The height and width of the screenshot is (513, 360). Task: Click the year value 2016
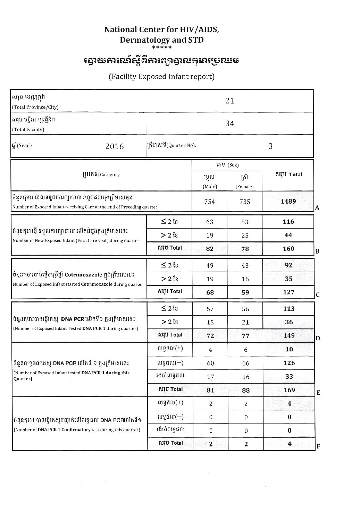click(x=115, y=146)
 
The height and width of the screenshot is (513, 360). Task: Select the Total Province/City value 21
click(x=229, y=101)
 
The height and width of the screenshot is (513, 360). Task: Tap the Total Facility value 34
click(x=229, y=123)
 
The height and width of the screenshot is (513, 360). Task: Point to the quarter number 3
click(x=270, y=146)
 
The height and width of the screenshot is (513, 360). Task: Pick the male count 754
click(x=210, y=202)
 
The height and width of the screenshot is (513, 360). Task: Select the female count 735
click(x=245, y=202)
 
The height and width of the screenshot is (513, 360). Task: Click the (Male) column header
click(x=210, y=186)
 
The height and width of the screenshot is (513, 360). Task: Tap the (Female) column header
click(x=245, y=186)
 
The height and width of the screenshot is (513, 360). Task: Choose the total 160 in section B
click(x=288, y=249)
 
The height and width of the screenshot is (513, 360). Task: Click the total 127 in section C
click(x=288, y=292)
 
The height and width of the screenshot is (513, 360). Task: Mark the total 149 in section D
click(x=289, y=335)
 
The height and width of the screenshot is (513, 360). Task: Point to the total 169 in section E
click(x=289, y=390)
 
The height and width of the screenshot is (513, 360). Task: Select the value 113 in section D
click(x=289, y=309)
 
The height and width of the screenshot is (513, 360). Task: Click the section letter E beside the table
click(x=318, y=393)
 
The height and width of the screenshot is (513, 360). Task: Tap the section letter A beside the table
click(x=317, y=208)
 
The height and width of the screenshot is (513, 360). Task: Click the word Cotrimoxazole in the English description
click(x=96, y=284)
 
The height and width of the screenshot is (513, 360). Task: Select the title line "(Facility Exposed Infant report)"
click(x=161, y=77)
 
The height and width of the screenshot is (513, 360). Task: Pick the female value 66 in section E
click(x=246, y=363)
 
